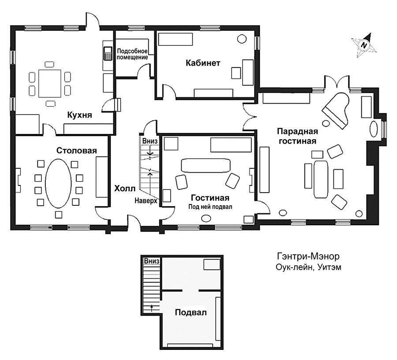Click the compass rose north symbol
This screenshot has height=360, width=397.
click(364, 45)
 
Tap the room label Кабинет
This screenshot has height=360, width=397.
click(203, 63)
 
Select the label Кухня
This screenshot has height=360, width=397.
click(79, 115)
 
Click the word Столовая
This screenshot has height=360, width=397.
click(76, 151)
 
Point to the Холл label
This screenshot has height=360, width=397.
click(125, 189)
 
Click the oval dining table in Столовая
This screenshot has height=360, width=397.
click(58, 183)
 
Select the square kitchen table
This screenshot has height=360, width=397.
click(50, 83)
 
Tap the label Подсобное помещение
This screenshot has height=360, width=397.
click(132, 54)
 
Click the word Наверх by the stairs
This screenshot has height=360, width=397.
click(146, 201)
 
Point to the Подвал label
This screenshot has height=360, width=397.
click(191, 312)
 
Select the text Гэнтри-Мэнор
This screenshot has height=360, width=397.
click(308, 256)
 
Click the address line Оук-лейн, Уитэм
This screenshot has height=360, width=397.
click(308, 267)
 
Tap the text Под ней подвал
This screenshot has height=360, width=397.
click(210, 207)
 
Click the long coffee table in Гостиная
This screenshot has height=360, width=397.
click(206, 165)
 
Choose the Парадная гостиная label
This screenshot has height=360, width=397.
click(297, 136)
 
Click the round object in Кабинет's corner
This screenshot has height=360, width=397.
click(242, 39)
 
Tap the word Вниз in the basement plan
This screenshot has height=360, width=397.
click(151, 261)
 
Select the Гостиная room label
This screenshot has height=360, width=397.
click(210, 197)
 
